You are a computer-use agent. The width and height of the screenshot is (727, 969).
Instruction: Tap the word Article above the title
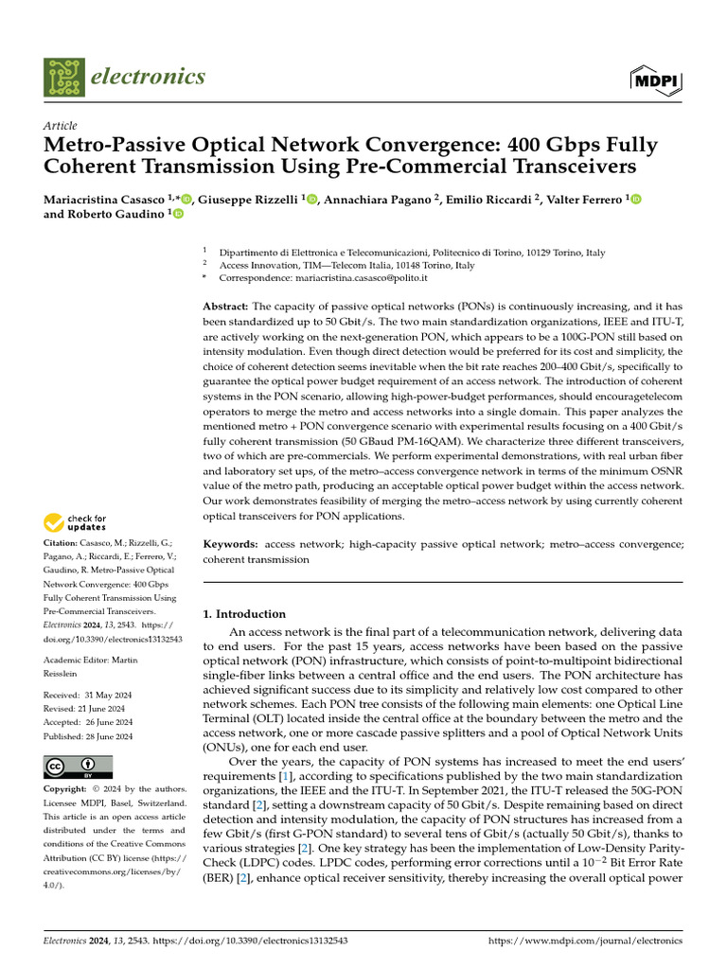[61, 126]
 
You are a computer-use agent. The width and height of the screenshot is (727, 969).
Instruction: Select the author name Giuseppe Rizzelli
[249, 200]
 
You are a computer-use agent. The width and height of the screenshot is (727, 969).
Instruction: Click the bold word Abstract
[225, 308]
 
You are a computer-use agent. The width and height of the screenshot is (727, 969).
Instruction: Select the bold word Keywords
[231, 544]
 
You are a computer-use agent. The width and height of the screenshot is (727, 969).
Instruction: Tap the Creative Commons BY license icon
[79, 766]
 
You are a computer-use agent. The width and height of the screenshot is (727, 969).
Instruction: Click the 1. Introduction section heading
[244, 614]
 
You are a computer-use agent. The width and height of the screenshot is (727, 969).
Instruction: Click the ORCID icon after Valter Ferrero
[636, 200]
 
